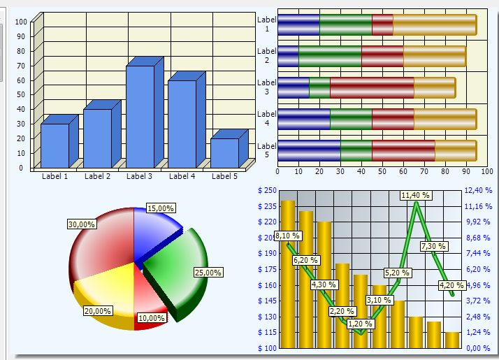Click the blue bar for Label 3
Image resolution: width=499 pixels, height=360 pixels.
140,116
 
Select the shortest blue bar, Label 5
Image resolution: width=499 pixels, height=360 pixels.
224,153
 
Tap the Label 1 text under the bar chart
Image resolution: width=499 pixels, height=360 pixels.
55,176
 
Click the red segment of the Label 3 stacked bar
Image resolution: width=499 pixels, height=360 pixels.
372,87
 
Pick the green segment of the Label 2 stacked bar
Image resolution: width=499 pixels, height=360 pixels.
330,56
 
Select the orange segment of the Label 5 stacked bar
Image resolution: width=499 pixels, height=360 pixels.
455,150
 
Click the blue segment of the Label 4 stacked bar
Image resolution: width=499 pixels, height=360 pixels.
304,119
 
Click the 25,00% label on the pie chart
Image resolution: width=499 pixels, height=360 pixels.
208,272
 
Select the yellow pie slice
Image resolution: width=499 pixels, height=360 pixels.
105,290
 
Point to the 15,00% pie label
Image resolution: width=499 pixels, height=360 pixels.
161,208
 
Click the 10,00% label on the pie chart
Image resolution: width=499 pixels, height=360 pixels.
152,318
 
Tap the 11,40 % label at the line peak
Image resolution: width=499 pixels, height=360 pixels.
416,195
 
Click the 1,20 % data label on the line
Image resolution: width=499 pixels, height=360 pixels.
360,324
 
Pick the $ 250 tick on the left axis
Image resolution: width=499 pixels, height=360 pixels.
268,190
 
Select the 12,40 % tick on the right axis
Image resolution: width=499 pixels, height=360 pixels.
479,190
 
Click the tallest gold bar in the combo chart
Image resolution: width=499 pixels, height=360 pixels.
287,273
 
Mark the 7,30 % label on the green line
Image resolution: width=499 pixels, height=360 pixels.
433,246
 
